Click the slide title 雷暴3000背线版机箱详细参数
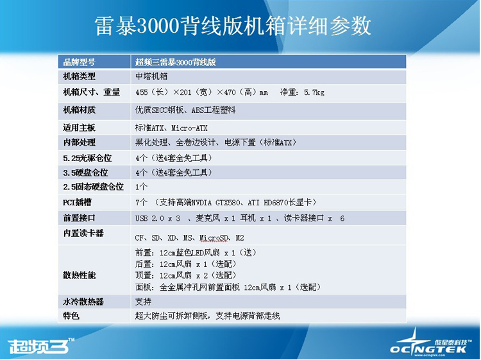pyautogui.click(x=233, y=26)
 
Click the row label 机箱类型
pyautogui.click(x=79, y=76)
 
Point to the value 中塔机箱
pyautogui.click(x=151, y=76)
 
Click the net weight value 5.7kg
pyautogui.click(x=314, y=92)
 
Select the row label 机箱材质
pyautogui.click(x=79, y=110)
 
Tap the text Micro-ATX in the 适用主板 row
pyautogui.click(x=189, y=128)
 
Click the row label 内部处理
pyautogui.click(x=79, y=142)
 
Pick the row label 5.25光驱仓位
pyautogui.click(x=87, y=158)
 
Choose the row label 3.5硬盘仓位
pyautogui.click(x=85, y=173)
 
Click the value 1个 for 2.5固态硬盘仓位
pyautogui.click(x=142, y=187)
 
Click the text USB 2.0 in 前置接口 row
pyautogui.click(x=149, y=219)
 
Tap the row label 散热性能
pyautogui.click(x=79, y=275)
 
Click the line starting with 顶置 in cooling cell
pyautogui.click(x=186, y=275)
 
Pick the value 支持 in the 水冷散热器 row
pyautogui.click(x=143, y=302)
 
